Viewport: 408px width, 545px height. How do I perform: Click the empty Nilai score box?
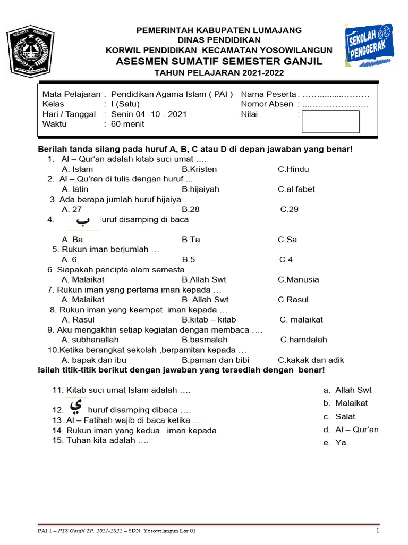click(x=330, y=121)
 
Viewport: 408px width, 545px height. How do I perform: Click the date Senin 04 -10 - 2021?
click(x=149, y=114)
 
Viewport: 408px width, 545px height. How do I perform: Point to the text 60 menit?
click(x=127, y=124)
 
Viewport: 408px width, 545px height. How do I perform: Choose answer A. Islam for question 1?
click(x=77, y=169)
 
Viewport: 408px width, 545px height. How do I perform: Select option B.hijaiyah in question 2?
click(x=200, y=189)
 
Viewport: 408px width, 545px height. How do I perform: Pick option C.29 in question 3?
click(x=290, y=209)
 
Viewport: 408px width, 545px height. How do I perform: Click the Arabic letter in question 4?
click(x=83, y=221)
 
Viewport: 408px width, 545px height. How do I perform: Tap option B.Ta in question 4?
click(x=191, y=240)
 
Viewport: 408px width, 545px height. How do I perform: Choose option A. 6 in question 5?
click(x=69, y=260)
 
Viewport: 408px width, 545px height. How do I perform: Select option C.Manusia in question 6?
click(x=299, y=279)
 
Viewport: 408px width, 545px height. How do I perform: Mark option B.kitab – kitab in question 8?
click(x=209, y=320)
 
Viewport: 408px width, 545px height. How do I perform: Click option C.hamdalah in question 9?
click(x=304, y=340)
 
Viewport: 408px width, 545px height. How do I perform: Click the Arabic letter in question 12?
click(x=76, y=407)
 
